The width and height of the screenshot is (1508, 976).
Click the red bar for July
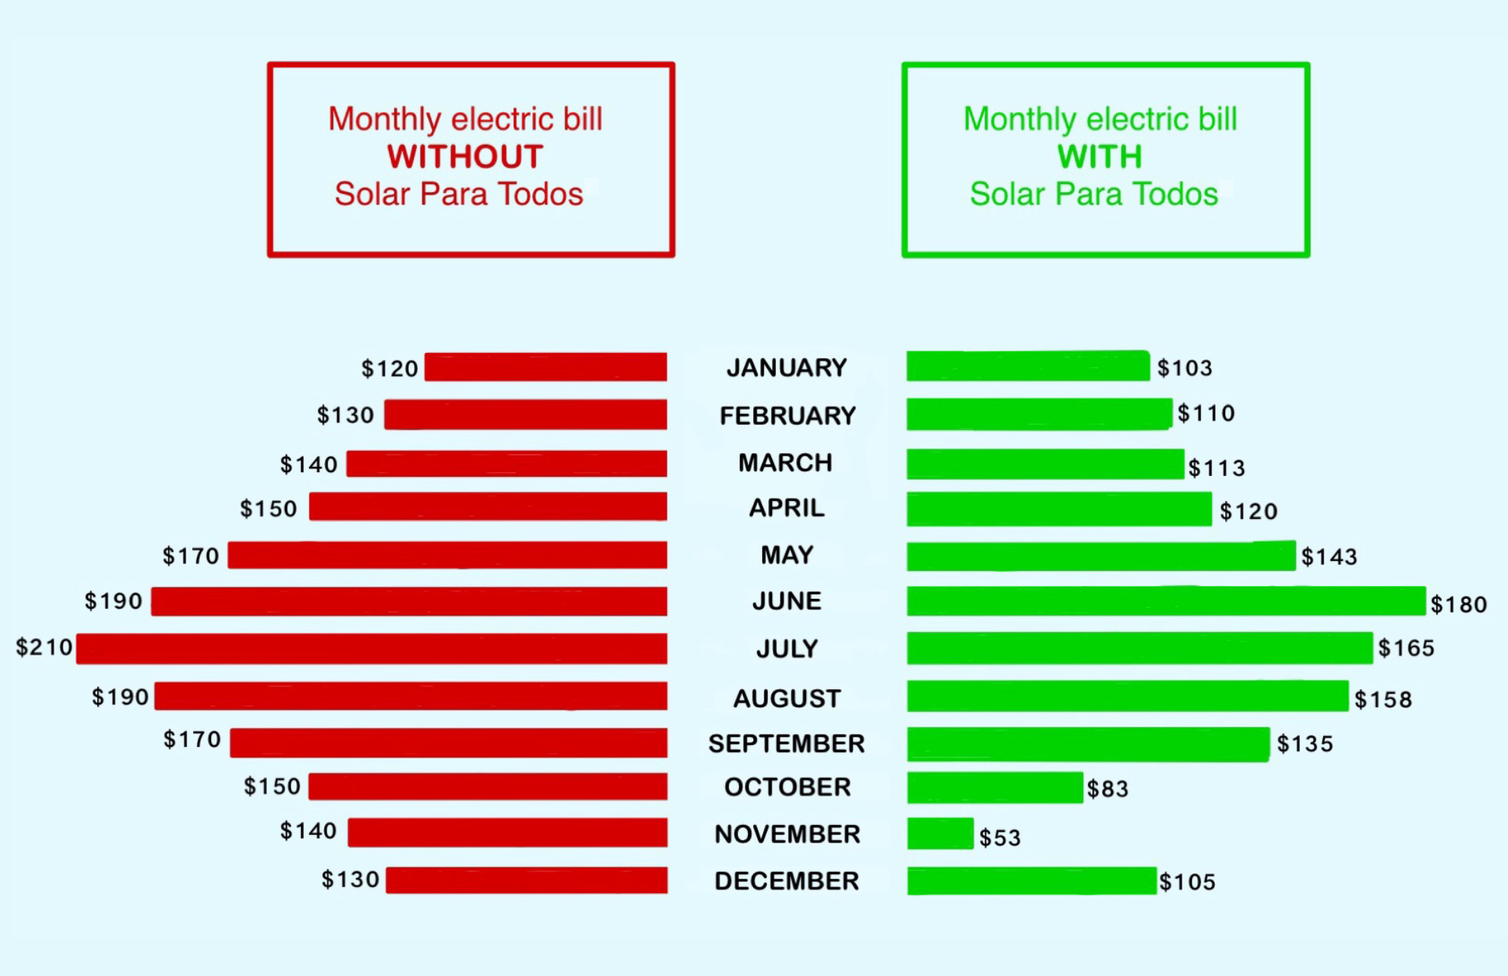tap(372, 649)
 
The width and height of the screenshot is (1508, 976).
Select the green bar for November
tap(940, 833)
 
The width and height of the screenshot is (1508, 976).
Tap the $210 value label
tap(44, 647)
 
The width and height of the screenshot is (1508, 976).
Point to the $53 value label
tap(1000, 837)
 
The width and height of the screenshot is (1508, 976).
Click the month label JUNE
tap(786, 601)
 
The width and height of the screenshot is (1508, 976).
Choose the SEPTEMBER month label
tap(786, 744)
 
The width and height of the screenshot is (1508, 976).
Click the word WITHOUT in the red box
tap(465, 157)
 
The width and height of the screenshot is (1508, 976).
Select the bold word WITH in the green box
tap(1099, 157)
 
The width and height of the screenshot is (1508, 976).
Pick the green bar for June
tap(1166, 601)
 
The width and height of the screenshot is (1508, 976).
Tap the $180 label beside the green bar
tap(1458, 604)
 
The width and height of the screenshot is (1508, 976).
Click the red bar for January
tap(545, 367)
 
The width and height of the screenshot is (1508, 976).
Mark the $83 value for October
tap(1107, 789)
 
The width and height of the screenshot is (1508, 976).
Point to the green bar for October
tap(995, 787)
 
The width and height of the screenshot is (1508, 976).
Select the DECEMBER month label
tap(786, 881)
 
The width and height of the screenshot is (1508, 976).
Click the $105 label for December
tap(1187, 882)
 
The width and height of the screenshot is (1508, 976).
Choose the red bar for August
tap(410, 696)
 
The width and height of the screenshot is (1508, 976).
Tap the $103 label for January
tap(1185, 368)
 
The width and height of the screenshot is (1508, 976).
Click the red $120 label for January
tap(389, 369)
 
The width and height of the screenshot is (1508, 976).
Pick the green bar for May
tap(1101, 556)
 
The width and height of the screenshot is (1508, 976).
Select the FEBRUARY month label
tap(787, 416)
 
